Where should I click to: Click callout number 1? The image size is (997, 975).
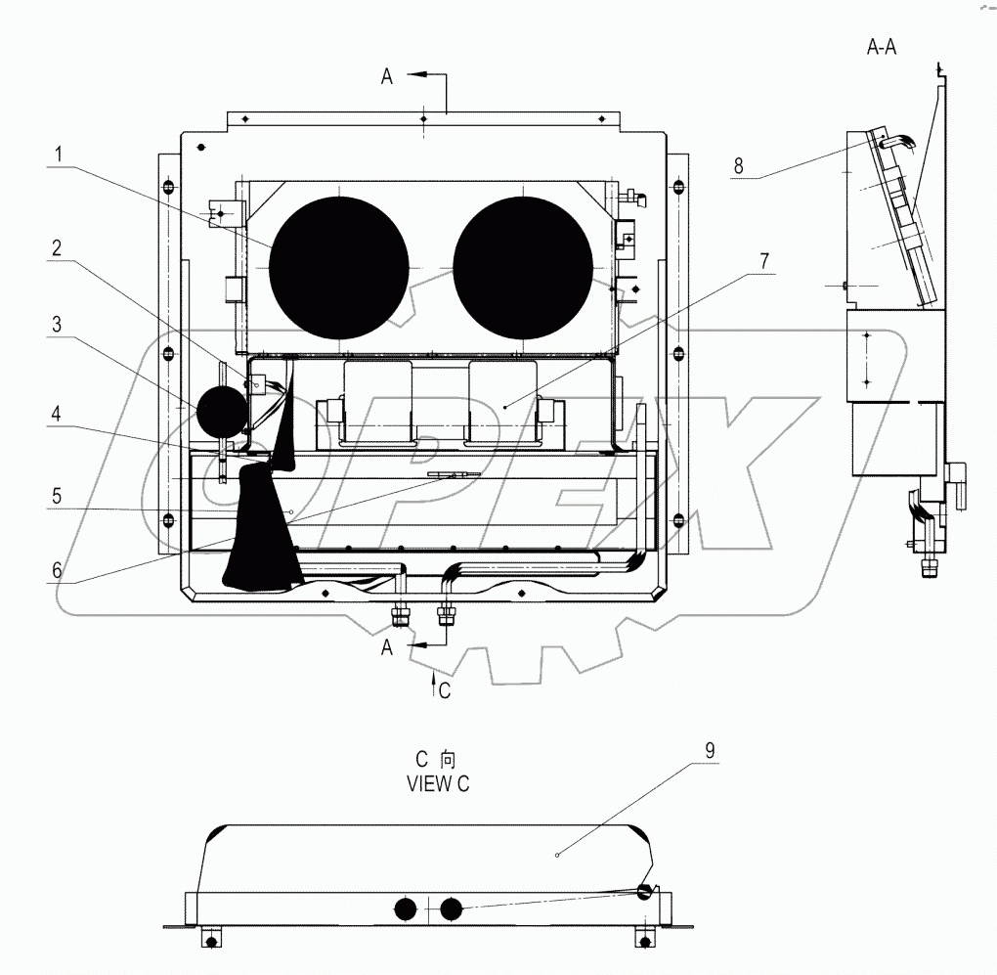[x=59, y=154]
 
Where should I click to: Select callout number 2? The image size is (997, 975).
[x=59, y=248]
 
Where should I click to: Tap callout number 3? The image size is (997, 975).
[x=59, y=325]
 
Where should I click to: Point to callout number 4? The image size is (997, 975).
[x=59, y=414]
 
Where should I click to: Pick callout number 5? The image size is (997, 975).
[x=59, y=495]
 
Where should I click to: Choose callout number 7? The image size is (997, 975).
[x=764, y=261]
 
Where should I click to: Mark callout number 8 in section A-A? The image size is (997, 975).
[x=739, y=166]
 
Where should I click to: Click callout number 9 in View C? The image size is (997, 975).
[x=711, y=750]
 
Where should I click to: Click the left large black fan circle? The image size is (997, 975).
[x=338, y=265]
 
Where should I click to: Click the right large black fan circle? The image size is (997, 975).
[x=523, y=265]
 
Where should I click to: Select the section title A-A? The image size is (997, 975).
[x=881, y=47]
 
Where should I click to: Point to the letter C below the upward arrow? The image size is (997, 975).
[x=445, y=690]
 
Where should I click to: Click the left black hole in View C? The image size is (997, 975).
[x=404, y=909]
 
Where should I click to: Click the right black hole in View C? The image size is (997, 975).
[x=451, y=909]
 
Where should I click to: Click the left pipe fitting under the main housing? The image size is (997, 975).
[x=400, y=616]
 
